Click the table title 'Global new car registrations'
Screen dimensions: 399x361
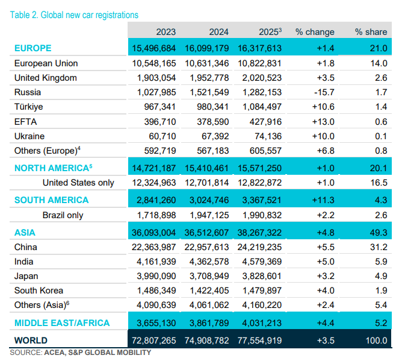point(89,15)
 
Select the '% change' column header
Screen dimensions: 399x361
point(315,32)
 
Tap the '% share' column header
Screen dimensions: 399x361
point(371,32)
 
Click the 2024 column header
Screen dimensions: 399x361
point(219,32)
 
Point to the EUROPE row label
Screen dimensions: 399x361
point(33,48)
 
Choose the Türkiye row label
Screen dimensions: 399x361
point(28,107)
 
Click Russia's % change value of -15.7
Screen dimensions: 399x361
point(324,92)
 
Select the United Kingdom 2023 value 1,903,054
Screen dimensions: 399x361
point(156,78)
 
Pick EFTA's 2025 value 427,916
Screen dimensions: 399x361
point(265,122)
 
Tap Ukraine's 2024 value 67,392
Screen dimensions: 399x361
point(215,136)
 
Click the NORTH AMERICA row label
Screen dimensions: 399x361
point(53,168)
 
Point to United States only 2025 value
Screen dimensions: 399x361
point(259,183)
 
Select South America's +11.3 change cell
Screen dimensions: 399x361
point(323,200)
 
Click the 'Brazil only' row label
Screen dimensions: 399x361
point(63,215)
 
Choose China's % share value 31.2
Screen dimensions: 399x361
point(379,247)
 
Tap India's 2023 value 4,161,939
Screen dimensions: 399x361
point(156,262)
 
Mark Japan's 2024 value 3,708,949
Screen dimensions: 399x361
point(209,276)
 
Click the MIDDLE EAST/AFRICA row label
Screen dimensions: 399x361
point(62,323)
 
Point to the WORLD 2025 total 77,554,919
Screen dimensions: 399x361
point(259,341)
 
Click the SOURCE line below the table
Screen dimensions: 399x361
point(81,353)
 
